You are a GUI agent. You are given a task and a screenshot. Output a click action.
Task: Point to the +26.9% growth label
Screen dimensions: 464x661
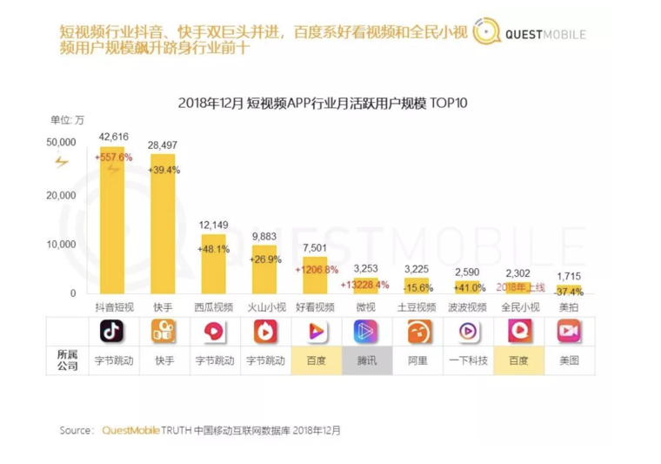coord(264,259)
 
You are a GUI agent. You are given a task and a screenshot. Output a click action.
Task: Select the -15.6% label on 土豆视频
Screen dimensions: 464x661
coord(417,288)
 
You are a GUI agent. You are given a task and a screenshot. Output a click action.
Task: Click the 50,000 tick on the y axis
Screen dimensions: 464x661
coord(62,141)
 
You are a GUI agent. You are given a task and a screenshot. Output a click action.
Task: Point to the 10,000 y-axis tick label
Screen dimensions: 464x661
coord(62,244)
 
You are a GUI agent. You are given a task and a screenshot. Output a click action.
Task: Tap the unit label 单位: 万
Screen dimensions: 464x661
coord(67,120)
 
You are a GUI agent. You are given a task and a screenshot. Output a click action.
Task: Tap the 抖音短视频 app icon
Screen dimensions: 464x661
coord(111,332)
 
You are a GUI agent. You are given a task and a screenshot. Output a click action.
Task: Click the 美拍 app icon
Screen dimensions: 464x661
coord(569,332)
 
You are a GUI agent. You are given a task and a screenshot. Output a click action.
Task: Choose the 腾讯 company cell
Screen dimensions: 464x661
coord(366,360)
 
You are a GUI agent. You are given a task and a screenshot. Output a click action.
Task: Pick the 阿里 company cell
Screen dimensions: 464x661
coord(417,360)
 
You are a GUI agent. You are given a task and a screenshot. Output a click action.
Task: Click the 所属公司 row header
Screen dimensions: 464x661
coord(67,360)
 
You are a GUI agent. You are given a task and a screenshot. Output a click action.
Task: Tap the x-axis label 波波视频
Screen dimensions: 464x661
coord(467,308)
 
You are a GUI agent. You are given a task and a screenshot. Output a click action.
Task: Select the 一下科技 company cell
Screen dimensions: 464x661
coord(467,360)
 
